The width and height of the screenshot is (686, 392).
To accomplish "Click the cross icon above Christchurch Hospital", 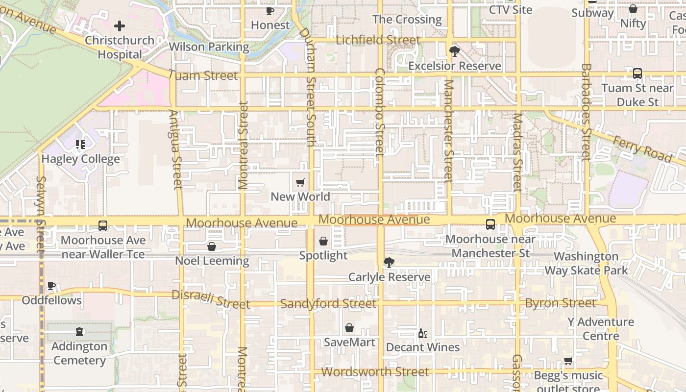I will (x=120, y=26).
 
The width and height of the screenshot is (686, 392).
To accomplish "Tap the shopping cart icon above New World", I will (x=300, y=183).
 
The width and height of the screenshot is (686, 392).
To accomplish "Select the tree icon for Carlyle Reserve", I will (x=389, y=263).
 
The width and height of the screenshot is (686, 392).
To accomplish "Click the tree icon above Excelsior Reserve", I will (x=455, y=51).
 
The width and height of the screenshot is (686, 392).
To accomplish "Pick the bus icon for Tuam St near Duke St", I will (x=637, y=73).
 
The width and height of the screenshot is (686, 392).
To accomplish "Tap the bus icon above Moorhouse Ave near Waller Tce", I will (x=103, y=226).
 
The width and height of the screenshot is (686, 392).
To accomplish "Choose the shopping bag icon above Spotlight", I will (x=323, y=241).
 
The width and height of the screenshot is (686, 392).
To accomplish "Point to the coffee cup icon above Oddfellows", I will (x=51, y=286).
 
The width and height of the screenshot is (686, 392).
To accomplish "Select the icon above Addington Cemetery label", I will (x=79, y=332).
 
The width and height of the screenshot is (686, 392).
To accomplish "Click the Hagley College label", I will (x=80, y=159).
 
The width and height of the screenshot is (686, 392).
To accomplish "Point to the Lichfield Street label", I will (x=378, y=40).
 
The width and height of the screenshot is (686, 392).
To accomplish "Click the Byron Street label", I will (x=560, y=303).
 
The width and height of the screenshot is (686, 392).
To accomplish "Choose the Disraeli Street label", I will (x=211, y=300).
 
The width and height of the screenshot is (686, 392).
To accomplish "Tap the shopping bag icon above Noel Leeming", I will (x=212, y=246).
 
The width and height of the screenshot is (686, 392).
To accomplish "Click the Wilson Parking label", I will (x=209, y=47).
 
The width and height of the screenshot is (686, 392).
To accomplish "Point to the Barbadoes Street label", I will (x=587, y=112).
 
